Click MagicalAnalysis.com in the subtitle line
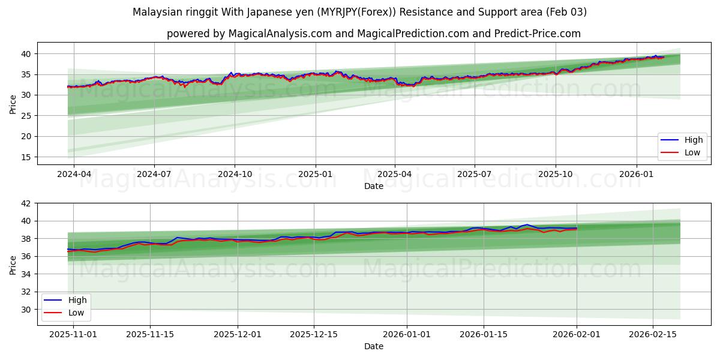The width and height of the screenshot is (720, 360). pyautogui.click(x=280, y=34)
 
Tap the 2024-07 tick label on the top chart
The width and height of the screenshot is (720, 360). pyautogui.click(x=154, y=174)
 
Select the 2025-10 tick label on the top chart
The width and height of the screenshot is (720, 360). pyautogui.click(x=555, y=174)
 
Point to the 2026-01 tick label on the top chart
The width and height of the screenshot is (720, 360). pyautogui.click(x=636, y=174)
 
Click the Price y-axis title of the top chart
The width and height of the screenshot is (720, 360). pyautogui.click(x=13, y=103)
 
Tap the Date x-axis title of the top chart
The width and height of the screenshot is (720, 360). pyautogui.click(x=373, y=186)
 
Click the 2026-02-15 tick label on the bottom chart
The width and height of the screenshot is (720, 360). pyautogui.click(x=652, y=334)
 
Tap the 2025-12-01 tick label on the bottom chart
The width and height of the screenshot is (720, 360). pyautogui.click(x=238, y=334)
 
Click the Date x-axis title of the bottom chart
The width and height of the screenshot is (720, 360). pyautogui.click(x=373, y=346)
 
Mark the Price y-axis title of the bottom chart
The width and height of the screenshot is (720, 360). pyautogui.click(x=13, y=265)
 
